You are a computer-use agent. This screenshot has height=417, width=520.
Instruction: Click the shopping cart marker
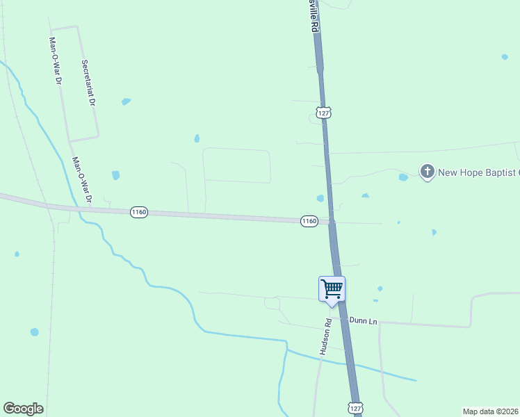[332, 288]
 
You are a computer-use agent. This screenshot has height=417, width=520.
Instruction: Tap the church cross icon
[427, 171]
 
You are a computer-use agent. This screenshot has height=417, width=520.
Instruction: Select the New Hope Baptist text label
[478, 172]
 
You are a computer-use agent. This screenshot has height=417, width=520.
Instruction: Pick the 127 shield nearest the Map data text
[355, 408]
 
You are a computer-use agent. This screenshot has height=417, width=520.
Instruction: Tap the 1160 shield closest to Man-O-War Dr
[139, 212]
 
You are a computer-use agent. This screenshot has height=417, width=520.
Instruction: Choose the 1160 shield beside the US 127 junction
[309, 221]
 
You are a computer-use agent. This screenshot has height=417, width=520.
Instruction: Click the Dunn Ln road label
[363, 321]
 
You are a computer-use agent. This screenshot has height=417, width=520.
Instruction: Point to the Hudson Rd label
[325, 336]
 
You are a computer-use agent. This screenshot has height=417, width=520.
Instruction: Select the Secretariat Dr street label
[88, 82]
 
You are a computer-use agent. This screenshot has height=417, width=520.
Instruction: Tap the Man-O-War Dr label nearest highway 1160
[82, 180]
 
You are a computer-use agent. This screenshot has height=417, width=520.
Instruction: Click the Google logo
[23, 409]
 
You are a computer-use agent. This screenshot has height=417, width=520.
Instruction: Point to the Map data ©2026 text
[489, 411]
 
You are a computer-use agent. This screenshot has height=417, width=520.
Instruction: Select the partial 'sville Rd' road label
[314, 15]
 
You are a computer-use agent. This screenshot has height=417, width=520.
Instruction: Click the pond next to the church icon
[403, 177]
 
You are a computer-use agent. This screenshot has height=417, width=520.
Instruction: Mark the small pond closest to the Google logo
[34, 332]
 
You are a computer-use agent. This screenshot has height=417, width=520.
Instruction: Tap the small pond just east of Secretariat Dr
[126, 101]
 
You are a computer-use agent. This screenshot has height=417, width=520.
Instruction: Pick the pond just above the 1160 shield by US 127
[320, 198]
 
